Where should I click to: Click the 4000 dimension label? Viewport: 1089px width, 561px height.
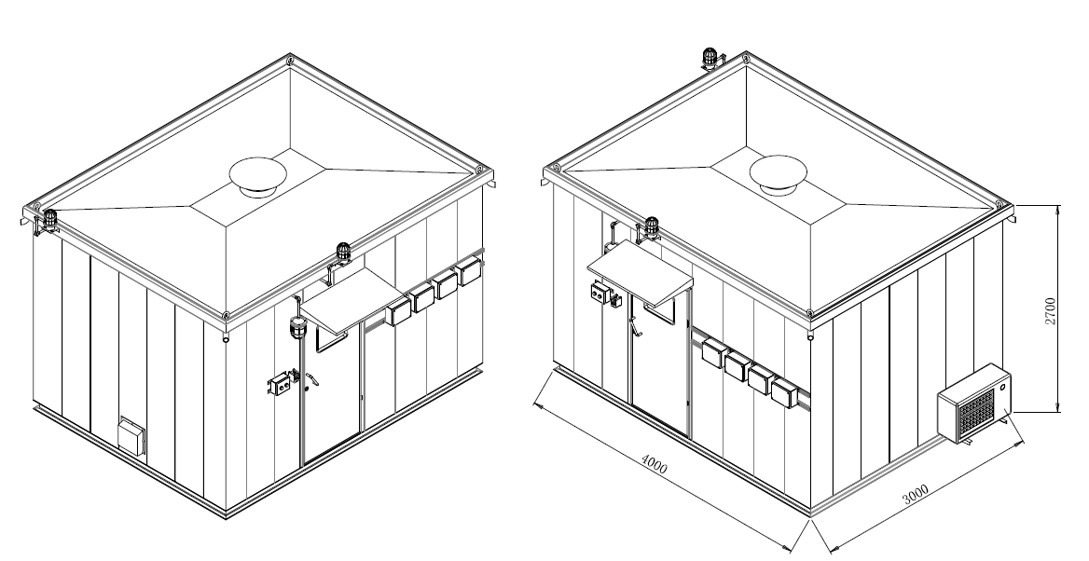coord(654,464)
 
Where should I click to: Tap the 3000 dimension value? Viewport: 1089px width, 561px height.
coord(916,494)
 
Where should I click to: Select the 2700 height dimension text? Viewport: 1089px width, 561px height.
coord(1050,310)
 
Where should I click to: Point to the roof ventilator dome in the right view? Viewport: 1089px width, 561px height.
coord(778,174)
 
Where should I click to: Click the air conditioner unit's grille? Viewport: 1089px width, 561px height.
coord(977,411)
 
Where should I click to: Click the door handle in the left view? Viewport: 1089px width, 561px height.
coord(311,378)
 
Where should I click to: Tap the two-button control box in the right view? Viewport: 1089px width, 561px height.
coord(599,293)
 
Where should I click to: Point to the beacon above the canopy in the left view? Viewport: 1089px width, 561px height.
coord(343,253)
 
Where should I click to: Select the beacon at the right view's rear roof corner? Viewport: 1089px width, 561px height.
coord(710,59)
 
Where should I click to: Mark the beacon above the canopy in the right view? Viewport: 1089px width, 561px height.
coord(652,228)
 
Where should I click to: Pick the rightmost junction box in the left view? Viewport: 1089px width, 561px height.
coord(470,271)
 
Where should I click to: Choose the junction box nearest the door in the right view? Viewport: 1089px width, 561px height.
coord(713,351)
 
